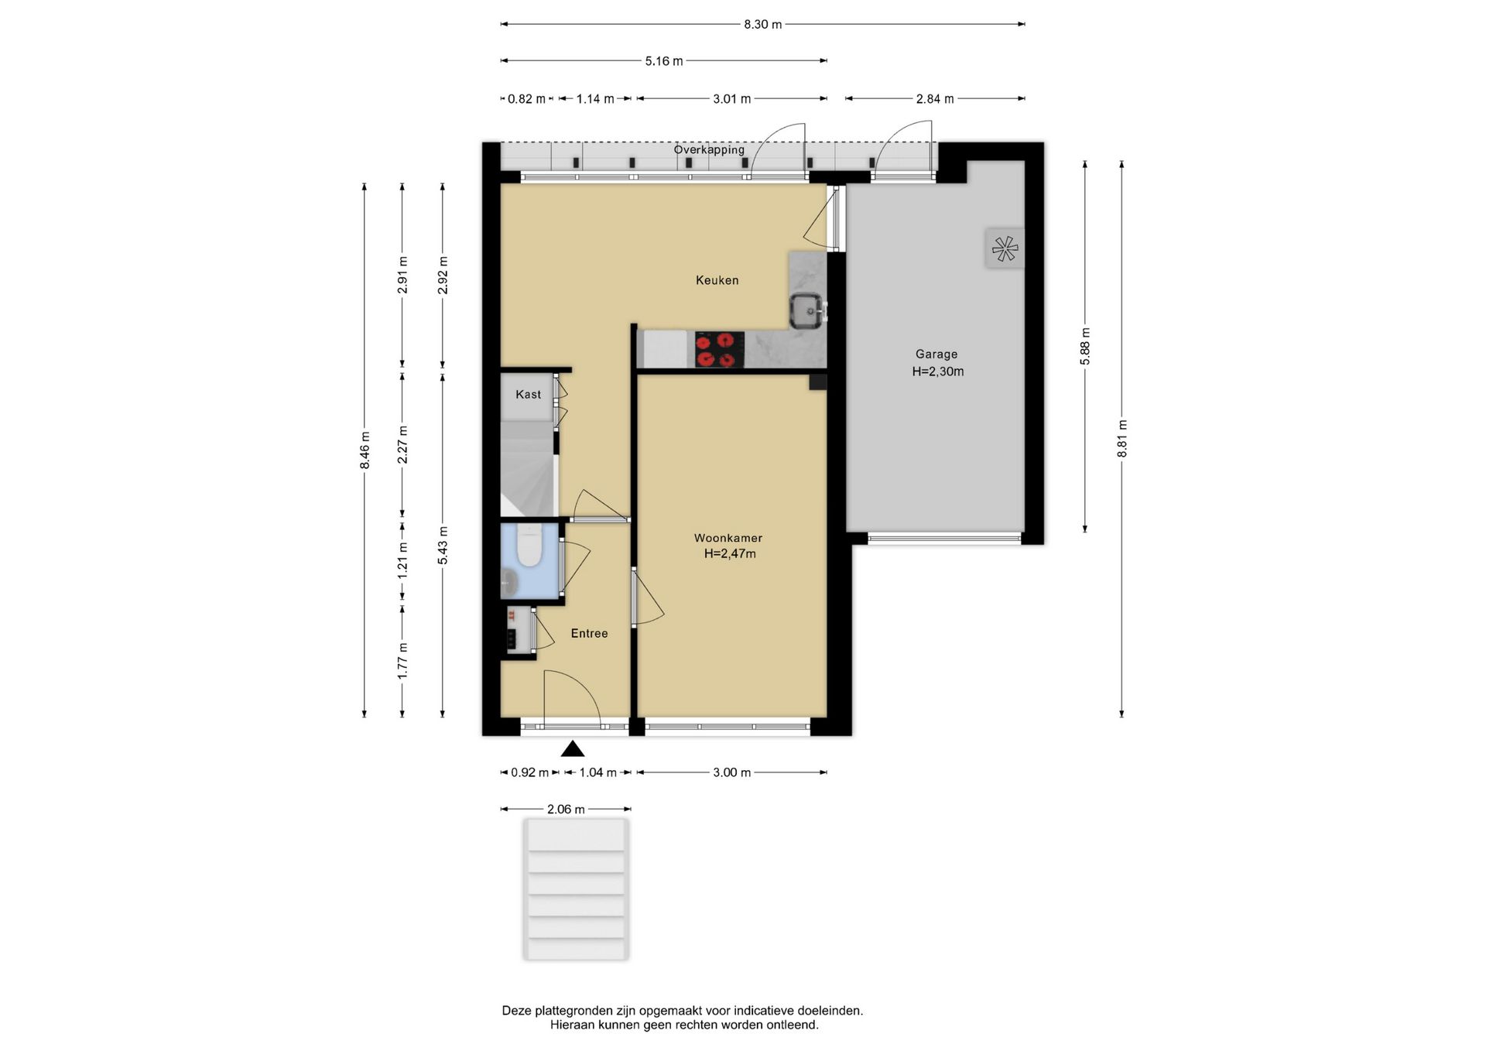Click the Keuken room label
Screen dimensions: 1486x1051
(x=717, y=280)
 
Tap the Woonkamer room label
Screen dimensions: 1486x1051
(x=728, y=538)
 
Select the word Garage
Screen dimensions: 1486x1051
(x=936, y=354)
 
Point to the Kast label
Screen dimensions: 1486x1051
(x=529, y=395)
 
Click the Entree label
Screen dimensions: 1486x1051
(x=589, y=633)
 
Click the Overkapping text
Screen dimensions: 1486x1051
(x=709, y=149)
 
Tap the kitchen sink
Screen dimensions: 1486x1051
(x=808, y=312)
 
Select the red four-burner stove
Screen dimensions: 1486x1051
(x=719, y=350)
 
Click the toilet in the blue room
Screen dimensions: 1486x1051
(x=529, y=545)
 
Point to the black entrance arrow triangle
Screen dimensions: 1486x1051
(x=573, y=748)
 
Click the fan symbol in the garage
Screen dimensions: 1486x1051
(x=1005, y=248)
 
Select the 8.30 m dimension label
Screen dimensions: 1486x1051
(x=762, y=24)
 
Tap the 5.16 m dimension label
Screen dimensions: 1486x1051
(x=664, y=61)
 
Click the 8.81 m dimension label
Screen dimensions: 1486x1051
(x=1122, y=438)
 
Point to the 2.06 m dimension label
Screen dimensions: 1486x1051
(x=566, y=810)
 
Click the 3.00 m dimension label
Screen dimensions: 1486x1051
(x=732, y=772)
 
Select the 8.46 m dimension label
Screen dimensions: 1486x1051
(x=365, y=450)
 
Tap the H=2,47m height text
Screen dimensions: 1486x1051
(x=730, y=553)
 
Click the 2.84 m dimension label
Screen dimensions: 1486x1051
(x=935, y=99)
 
